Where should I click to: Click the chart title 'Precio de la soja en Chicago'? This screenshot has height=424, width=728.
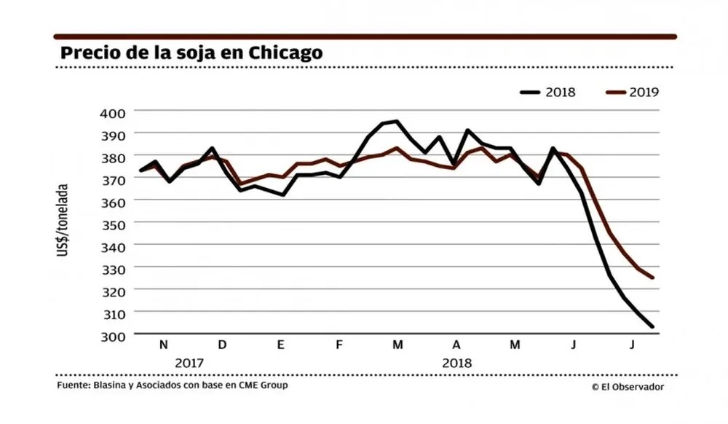click(191, 54)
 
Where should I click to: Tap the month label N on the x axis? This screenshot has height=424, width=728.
click(163, 345)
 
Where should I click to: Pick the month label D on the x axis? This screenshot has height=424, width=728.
click(222, 345)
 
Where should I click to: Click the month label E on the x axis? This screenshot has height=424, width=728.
click(280, 345)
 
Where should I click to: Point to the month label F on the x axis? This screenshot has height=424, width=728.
click(339, 345)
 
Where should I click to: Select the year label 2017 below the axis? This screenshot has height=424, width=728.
click(189, 363)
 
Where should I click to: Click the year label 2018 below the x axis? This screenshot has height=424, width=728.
click(456, 363)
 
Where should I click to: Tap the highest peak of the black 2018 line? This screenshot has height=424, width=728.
click(395, 121)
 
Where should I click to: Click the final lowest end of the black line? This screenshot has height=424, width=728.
click(652, 327)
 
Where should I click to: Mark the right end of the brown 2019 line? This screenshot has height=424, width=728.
click(652, 278)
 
